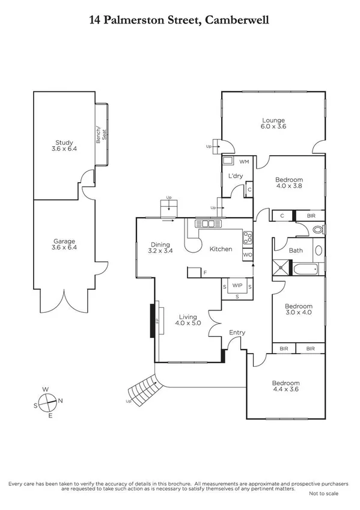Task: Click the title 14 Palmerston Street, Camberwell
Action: click(179, 20)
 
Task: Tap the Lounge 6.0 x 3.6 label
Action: click(273, 124)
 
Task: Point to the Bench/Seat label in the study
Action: click(101, 134)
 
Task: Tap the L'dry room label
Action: click(235, 176)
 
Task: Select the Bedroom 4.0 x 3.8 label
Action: click(289, 183)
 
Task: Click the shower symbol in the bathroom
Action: click(281, 268)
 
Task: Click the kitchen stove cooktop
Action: click(246, 238)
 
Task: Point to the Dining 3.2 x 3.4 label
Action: click(161, 248)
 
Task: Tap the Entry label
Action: click(237, 333)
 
